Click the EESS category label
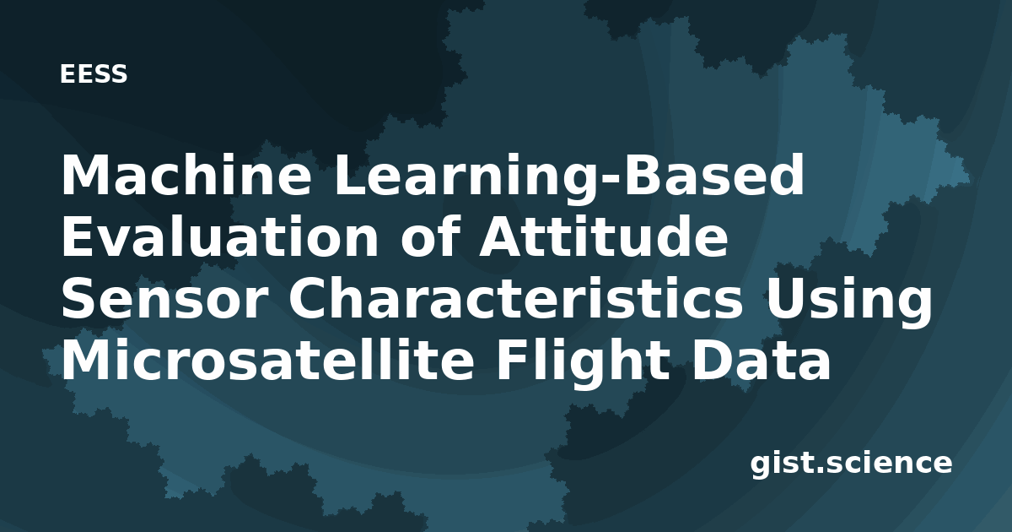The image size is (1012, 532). tap(94, 74)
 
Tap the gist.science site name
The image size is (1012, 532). tap(851, 464)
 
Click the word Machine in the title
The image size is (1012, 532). tap(186, 175)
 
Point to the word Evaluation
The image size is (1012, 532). tap(219, 236)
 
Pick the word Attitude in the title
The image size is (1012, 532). tap(604, 236)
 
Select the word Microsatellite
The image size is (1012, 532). tap(267, 360)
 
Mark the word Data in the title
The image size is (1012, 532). tap(761, 360)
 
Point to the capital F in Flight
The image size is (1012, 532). tap(512, 360)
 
